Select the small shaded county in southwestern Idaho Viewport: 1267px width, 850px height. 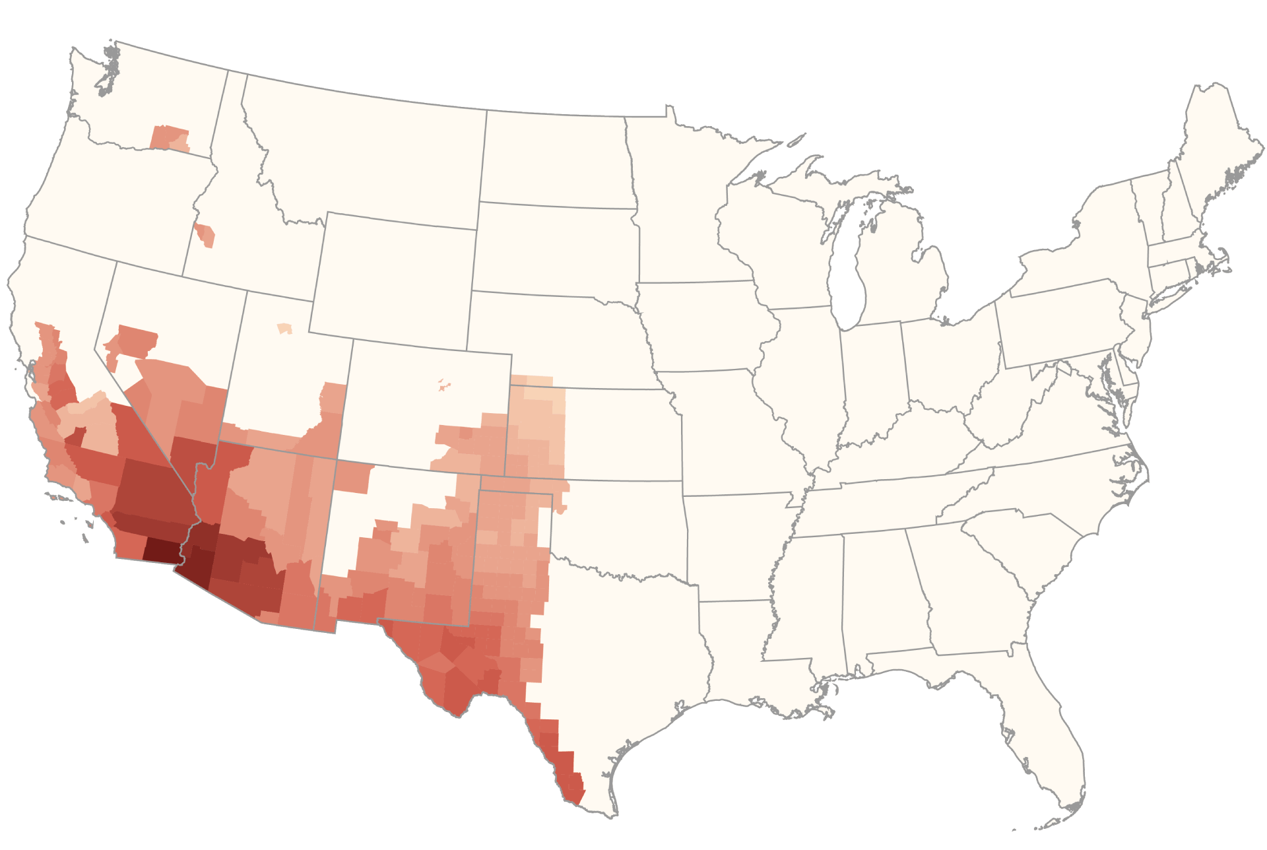pos(206,235)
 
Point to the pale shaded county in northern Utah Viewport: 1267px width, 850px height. pos(284,328)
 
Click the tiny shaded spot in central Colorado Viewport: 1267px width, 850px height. pos(443,385)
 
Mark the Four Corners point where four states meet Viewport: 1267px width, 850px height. pos(337,461)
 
